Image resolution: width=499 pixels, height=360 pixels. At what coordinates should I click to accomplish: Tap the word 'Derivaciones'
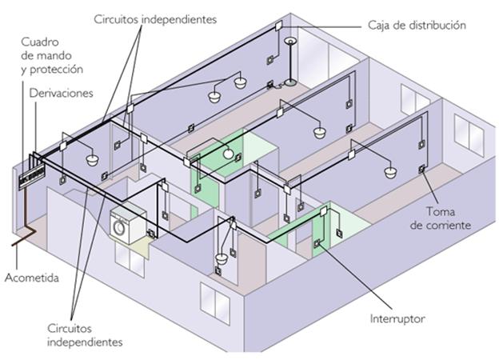[61, 94]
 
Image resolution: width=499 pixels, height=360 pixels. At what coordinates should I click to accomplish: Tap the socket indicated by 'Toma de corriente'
[421, 169]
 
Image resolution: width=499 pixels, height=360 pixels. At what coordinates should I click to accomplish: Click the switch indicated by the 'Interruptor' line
[317, 243]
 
